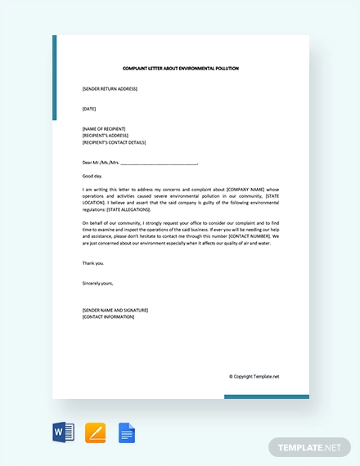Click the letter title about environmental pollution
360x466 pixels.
181,68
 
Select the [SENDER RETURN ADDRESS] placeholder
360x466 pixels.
110,88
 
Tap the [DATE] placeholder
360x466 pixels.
89,108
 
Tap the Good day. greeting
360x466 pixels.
92,176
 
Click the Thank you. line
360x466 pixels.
93,263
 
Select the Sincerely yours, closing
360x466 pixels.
98,283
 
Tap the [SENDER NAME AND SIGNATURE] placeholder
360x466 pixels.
115,310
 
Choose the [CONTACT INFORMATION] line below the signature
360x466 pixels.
108,316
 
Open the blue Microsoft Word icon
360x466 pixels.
63,432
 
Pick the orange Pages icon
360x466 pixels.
95,432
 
